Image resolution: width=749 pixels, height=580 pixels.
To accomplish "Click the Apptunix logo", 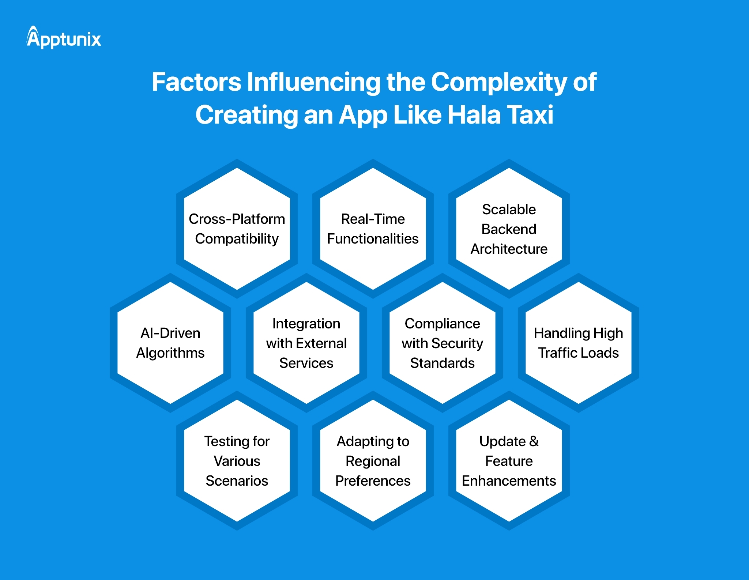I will pyautogui.click(x=64, y=38).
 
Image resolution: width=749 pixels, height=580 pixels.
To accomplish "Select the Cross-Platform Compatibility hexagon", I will pyautogui.click(x=237, y=229).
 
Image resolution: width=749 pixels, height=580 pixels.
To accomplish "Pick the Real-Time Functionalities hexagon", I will pyautogui.click(x=373, y=229).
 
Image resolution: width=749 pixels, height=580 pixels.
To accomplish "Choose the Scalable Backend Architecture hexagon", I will pyautogui.click(x=509, y=229).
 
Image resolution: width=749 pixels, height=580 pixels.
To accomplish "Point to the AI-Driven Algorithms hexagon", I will pyautogui.click(x=170, y=343).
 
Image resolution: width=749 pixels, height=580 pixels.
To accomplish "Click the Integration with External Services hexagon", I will pyautogui.click(x=306, y=343).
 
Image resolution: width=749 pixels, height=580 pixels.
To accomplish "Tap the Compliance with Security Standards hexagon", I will pyautogui.click(x=442, y=343).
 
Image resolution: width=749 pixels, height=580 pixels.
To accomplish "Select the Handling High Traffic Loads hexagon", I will pyautogui.click(x=578, y=343).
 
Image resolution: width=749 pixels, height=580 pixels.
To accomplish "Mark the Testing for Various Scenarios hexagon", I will pyautogui.click(x=237, y=461).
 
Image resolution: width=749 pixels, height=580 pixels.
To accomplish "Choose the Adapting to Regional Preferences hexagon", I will pyautogui.click(x=373, y=461).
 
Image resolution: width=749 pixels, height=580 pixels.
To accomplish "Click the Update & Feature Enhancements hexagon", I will pyautogui.click(x=509, y=461).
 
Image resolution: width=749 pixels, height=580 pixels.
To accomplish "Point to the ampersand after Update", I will pyautogui.click(x=534, y=441).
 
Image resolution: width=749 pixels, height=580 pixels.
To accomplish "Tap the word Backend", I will pyautogui.click(x=509, y=229).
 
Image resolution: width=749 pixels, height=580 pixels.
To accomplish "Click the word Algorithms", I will pyautogui.click(x=170, y=353).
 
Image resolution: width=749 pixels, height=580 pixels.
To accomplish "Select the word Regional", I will pyautogui.click(x=373, y=462).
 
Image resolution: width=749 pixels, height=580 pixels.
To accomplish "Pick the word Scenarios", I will pyautogui.click(x=237, y=481).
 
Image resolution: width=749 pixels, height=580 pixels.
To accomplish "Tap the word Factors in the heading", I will pyautogui.click(x=196, y=82).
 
